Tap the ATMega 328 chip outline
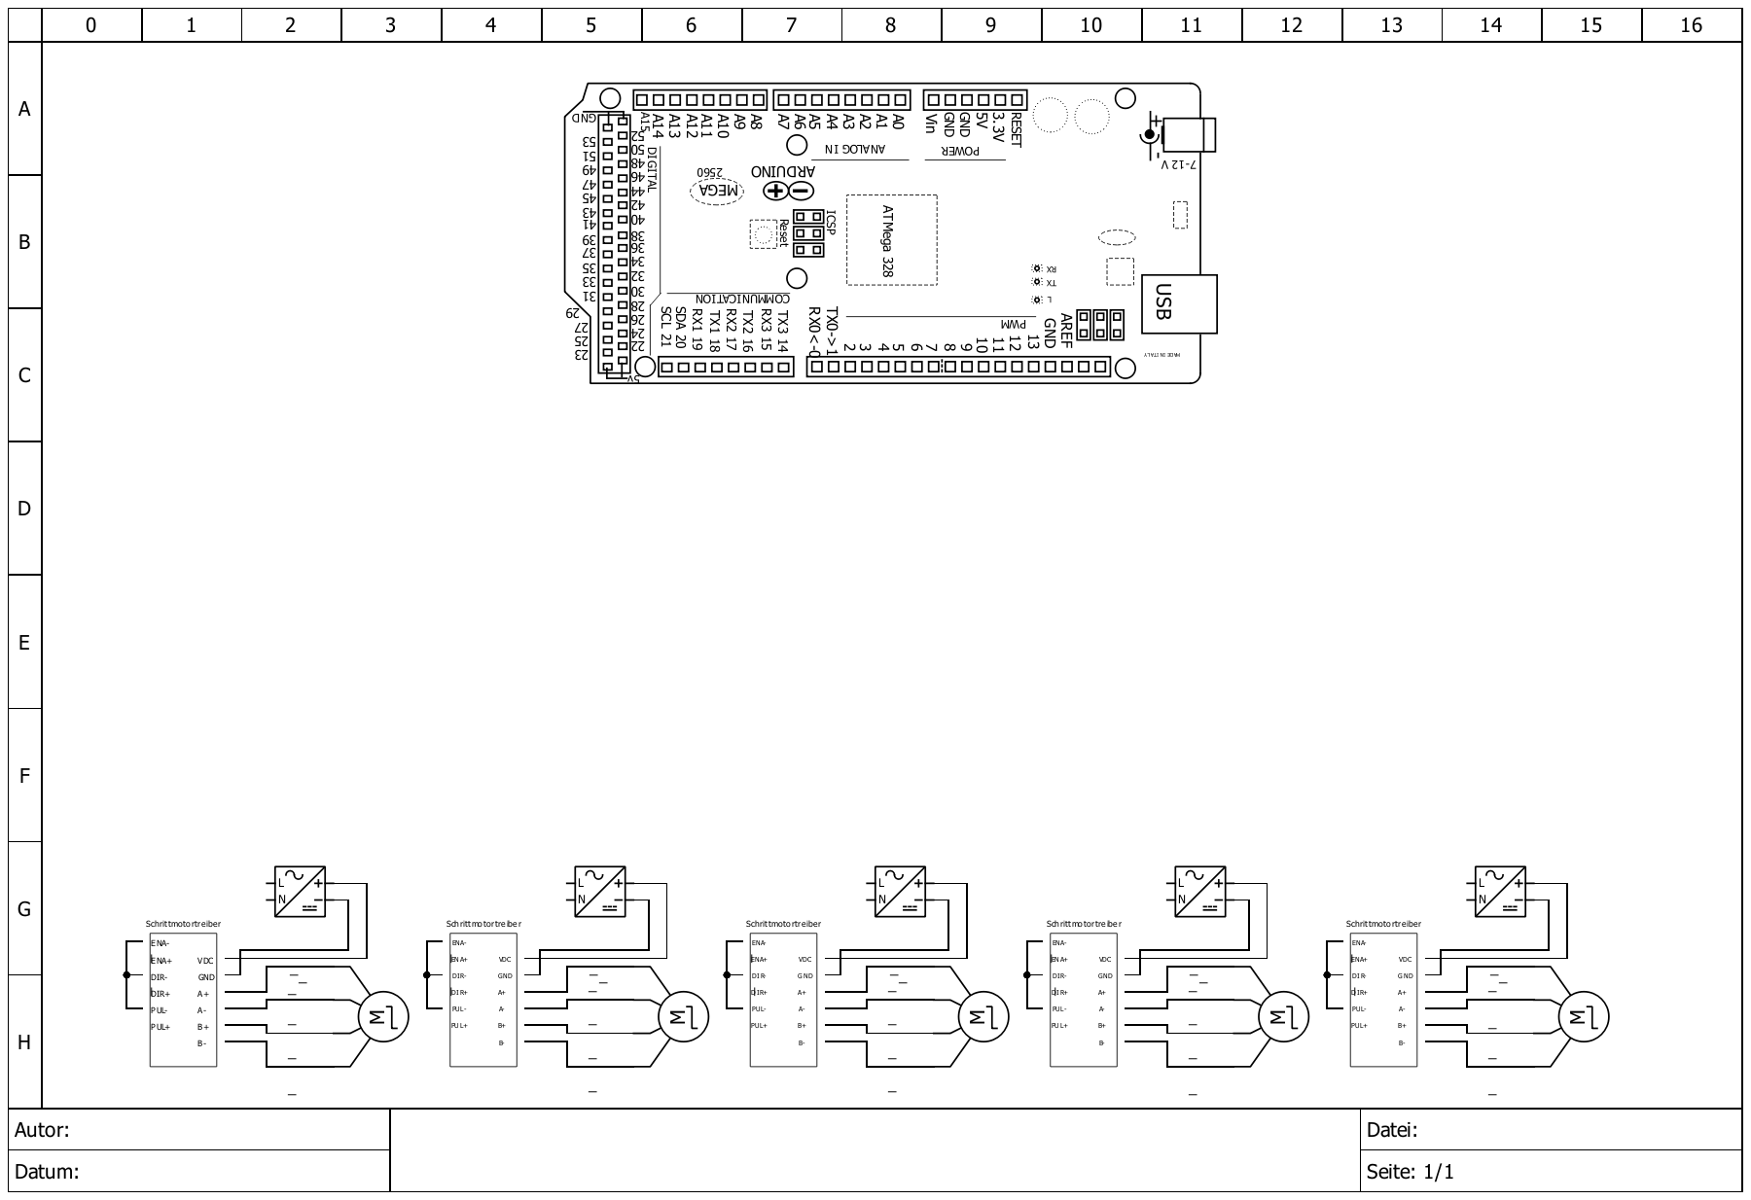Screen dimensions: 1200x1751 point(891,240)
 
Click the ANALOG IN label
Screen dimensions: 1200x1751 point(855,150)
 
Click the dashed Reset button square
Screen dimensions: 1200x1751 point(765,234)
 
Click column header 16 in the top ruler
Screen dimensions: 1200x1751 point(1691,25)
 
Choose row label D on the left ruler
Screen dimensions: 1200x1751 point(24,509)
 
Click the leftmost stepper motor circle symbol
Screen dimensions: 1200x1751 point(383,1018)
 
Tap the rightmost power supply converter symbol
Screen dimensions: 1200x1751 point(1500,892)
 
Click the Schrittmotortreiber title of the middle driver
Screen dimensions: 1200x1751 point(783,924)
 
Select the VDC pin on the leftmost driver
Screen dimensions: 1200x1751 point(206,961)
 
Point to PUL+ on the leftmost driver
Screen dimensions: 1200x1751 point(161,1027)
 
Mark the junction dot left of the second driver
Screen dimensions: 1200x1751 point(427,974)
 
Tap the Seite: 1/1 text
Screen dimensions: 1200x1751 point(1410,1172)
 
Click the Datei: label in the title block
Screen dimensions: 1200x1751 point(1392,1131)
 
